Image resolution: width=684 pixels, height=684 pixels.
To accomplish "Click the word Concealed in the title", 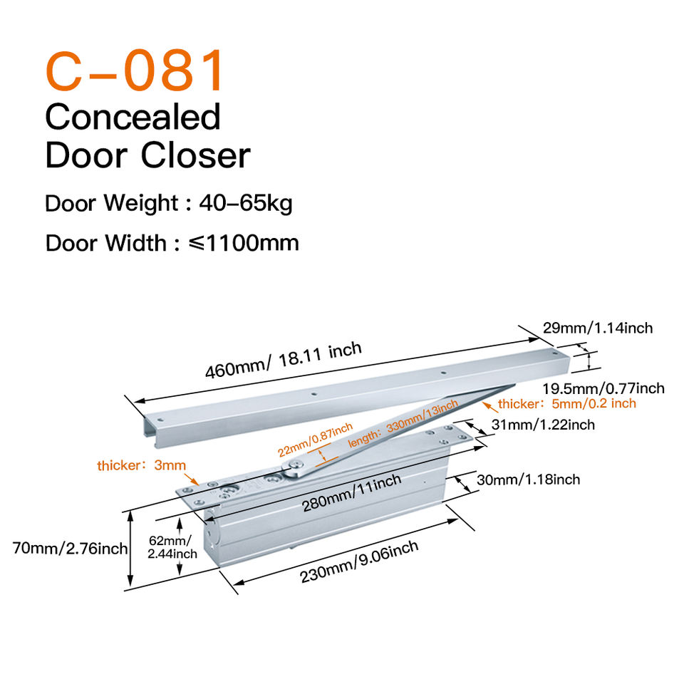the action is (x=133, y=117).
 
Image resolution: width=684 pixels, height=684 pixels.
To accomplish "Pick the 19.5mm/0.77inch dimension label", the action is (x=603, y=388).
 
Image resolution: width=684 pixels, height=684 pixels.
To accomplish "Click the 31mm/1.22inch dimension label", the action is (x=544, y=425).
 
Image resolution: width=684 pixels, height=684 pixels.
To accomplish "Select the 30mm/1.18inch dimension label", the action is (x=529, y=480).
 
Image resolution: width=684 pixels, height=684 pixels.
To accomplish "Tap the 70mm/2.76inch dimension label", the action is (x=70, y=549).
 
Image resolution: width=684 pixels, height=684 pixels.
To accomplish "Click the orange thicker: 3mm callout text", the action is (x=141, y=466).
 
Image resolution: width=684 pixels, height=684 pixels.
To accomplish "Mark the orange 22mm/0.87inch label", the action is (x=315, y=440).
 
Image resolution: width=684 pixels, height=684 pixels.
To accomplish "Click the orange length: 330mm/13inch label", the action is (x=403, y=425).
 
